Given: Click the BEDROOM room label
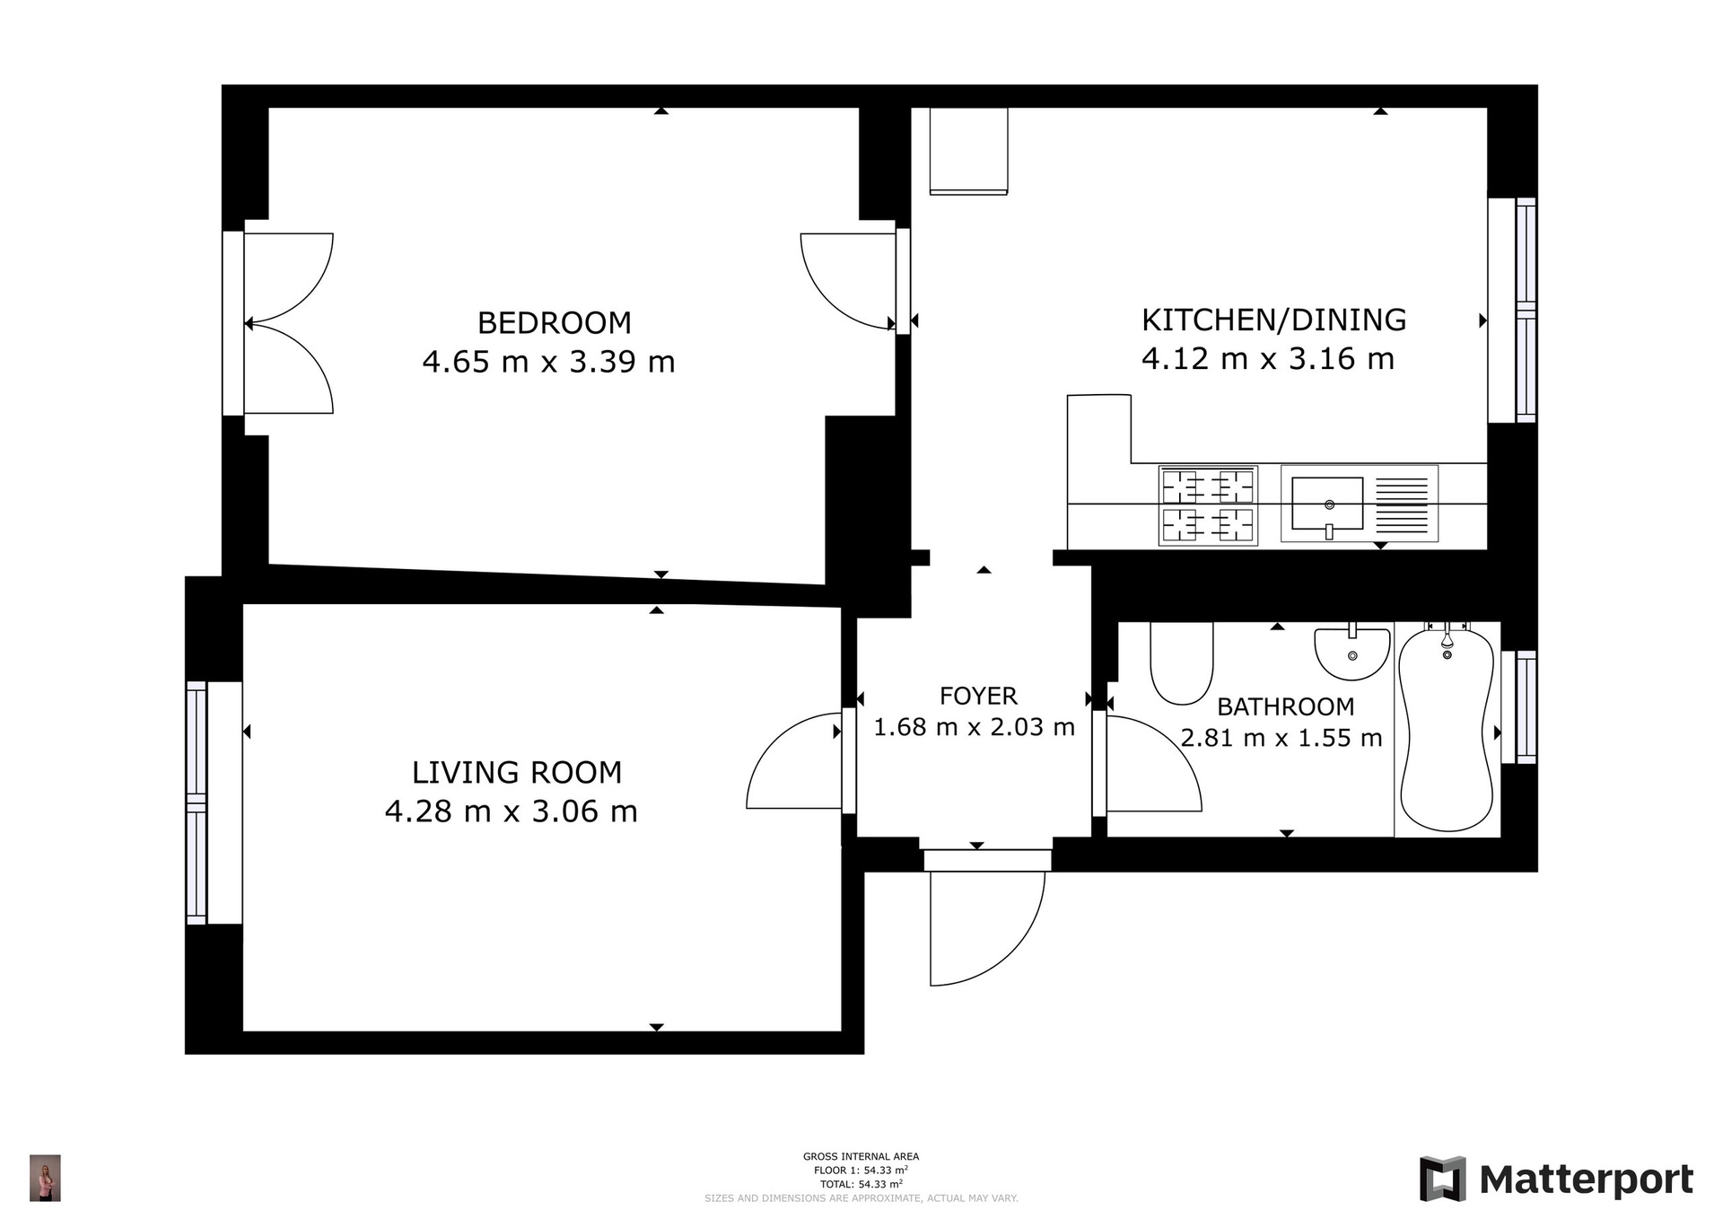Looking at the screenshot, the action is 554,322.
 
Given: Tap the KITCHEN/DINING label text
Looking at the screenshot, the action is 1273,320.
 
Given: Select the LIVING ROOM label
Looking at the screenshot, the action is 516,772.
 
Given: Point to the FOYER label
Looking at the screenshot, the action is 978,696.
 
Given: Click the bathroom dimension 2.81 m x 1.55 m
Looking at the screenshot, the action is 1281,738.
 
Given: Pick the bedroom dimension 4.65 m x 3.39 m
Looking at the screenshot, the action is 548,362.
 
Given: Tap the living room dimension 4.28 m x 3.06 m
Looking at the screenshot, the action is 511,811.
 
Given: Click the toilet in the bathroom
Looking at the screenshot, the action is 1181,662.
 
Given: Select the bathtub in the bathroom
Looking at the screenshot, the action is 1447,729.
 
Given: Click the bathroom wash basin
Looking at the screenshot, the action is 1351,653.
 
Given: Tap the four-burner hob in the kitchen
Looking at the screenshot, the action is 1208,504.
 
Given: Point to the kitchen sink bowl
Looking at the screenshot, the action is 1327,504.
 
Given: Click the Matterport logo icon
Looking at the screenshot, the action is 1442,1179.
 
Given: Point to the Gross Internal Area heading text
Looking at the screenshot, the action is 861,1156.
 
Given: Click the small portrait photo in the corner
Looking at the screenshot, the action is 45,1178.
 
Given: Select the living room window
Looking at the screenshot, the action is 197,802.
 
